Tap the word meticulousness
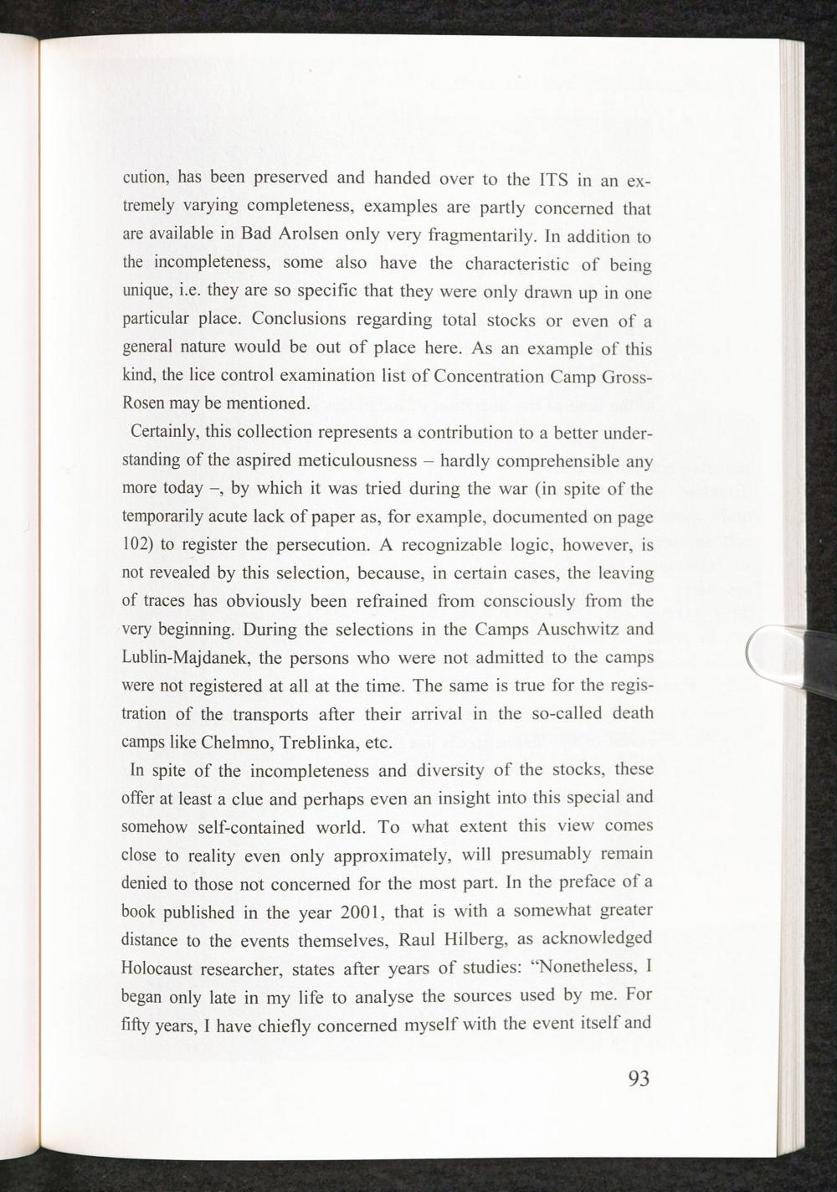point(361,460)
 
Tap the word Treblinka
point(319,742)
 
